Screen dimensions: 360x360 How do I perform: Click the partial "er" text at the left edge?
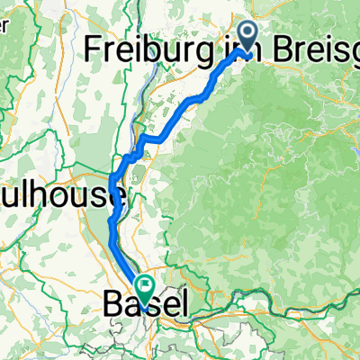point(4,26)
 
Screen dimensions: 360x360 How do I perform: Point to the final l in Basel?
point(184,306)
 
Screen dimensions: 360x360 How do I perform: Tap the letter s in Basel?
point(150,307)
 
